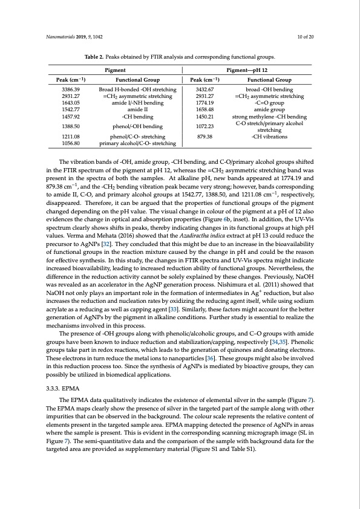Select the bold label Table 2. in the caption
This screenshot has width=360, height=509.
[94, 57]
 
